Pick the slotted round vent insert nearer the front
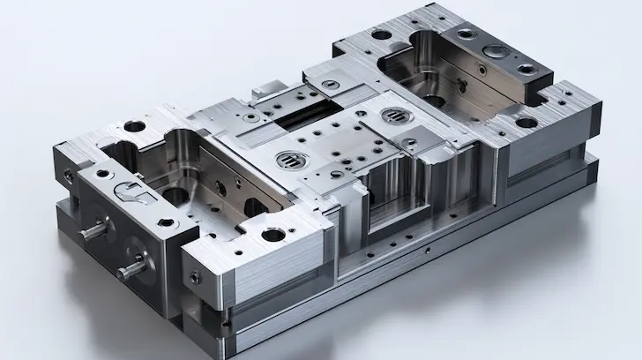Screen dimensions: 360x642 (289, 160)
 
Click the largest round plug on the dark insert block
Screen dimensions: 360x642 (493, 50)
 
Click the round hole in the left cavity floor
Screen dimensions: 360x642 (175, 192)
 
